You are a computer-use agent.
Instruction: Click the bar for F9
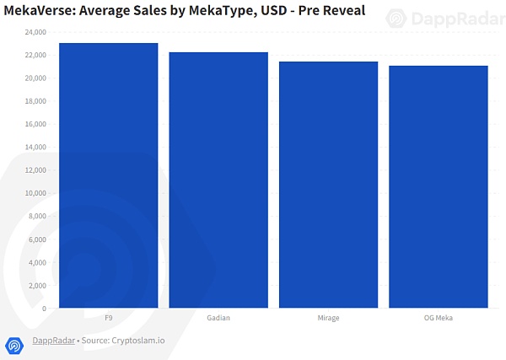click(109, 175)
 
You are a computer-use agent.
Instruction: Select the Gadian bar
click(218, 180)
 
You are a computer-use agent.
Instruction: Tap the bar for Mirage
click(328, 185)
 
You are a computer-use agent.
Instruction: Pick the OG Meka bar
click(438, 186)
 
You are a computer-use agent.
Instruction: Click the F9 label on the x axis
click(109, 318)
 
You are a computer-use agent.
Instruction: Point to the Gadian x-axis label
click(218, 318)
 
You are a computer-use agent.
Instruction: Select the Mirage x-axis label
click(328, 318)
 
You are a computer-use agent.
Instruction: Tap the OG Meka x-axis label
click(438, 318)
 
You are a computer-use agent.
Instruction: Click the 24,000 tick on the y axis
click(35, 32)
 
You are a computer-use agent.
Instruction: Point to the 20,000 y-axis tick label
click(35, 78)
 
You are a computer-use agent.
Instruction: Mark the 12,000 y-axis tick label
click(35, 170)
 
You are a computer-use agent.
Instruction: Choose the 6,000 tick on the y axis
click(37, 239)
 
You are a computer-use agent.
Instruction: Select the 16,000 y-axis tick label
click(35, 124)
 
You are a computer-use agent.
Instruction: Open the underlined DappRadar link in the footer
click(51, 341)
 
